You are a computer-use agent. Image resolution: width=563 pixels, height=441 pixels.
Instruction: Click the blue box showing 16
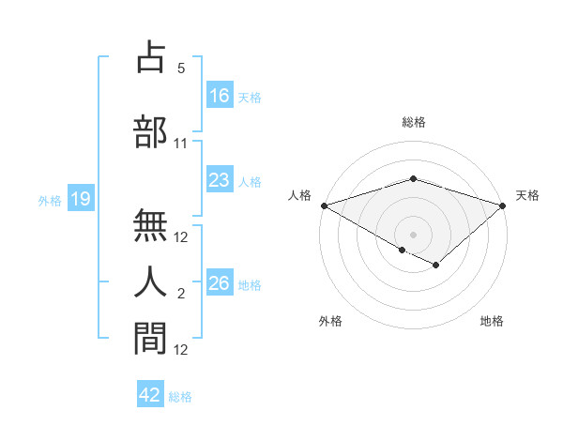pos(220,96)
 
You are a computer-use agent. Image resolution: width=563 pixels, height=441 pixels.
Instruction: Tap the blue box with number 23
pos(220,180)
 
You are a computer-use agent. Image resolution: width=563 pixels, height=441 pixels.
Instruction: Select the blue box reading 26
pos(220,283)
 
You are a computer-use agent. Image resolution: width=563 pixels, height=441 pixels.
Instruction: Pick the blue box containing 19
pos(80,199)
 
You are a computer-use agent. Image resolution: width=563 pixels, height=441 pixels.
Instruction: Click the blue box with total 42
pos(150,395)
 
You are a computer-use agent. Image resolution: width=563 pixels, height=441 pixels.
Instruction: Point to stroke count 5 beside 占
pos(181,68)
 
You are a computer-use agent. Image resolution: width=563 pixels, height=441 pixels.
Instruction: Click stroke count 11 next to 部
pos(181,144)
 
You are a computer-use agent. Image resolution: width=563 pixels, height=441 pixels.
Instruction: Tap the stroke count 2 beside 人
pos(181,294)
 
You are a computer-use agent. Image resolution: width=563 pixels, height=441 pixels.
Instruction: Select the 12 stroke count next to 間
pos(181,350)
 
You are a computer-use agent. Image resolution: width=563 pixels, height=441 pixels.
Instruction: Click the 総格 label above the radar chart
pos(413,122)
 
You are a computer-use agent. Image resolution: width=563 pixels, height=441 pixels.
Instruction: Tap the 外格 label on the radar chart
pos(329,322)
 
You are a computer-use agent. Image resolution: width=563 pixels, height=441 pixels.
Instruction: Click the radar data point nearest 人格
pos(324,205)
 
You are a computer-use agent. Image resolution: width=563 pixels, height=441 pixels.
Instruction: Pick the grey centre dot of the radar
pos(413,233)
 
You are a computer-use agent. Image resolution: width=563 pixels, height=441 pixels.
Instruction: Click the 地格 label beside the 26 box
pos(251,284)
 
